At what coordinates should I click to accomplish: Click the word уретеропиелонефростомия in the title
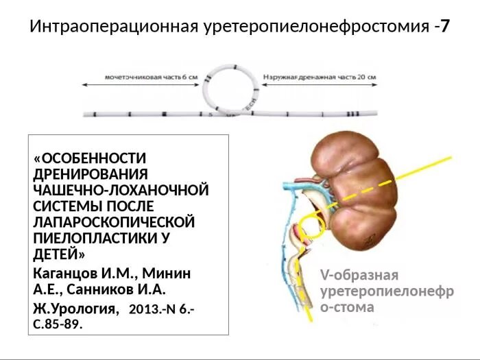[316, 27]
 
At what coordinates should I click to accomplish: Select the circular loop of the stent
[230, 90]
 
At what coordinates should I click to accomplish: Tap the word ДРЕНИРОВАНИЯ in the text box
[91, 174]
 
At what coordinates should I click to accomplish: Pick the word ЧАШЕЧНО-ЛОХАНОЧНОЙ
[121, 190]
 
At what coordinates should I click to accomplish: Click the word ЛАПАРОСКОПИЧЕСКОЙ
[114, 222]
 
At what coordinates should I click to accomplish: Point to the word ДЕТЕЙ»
[59, 254]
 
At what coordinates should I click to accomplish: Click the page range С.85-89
[58, 324]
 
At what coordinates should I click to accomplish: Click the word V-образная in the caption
[359, 276]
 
